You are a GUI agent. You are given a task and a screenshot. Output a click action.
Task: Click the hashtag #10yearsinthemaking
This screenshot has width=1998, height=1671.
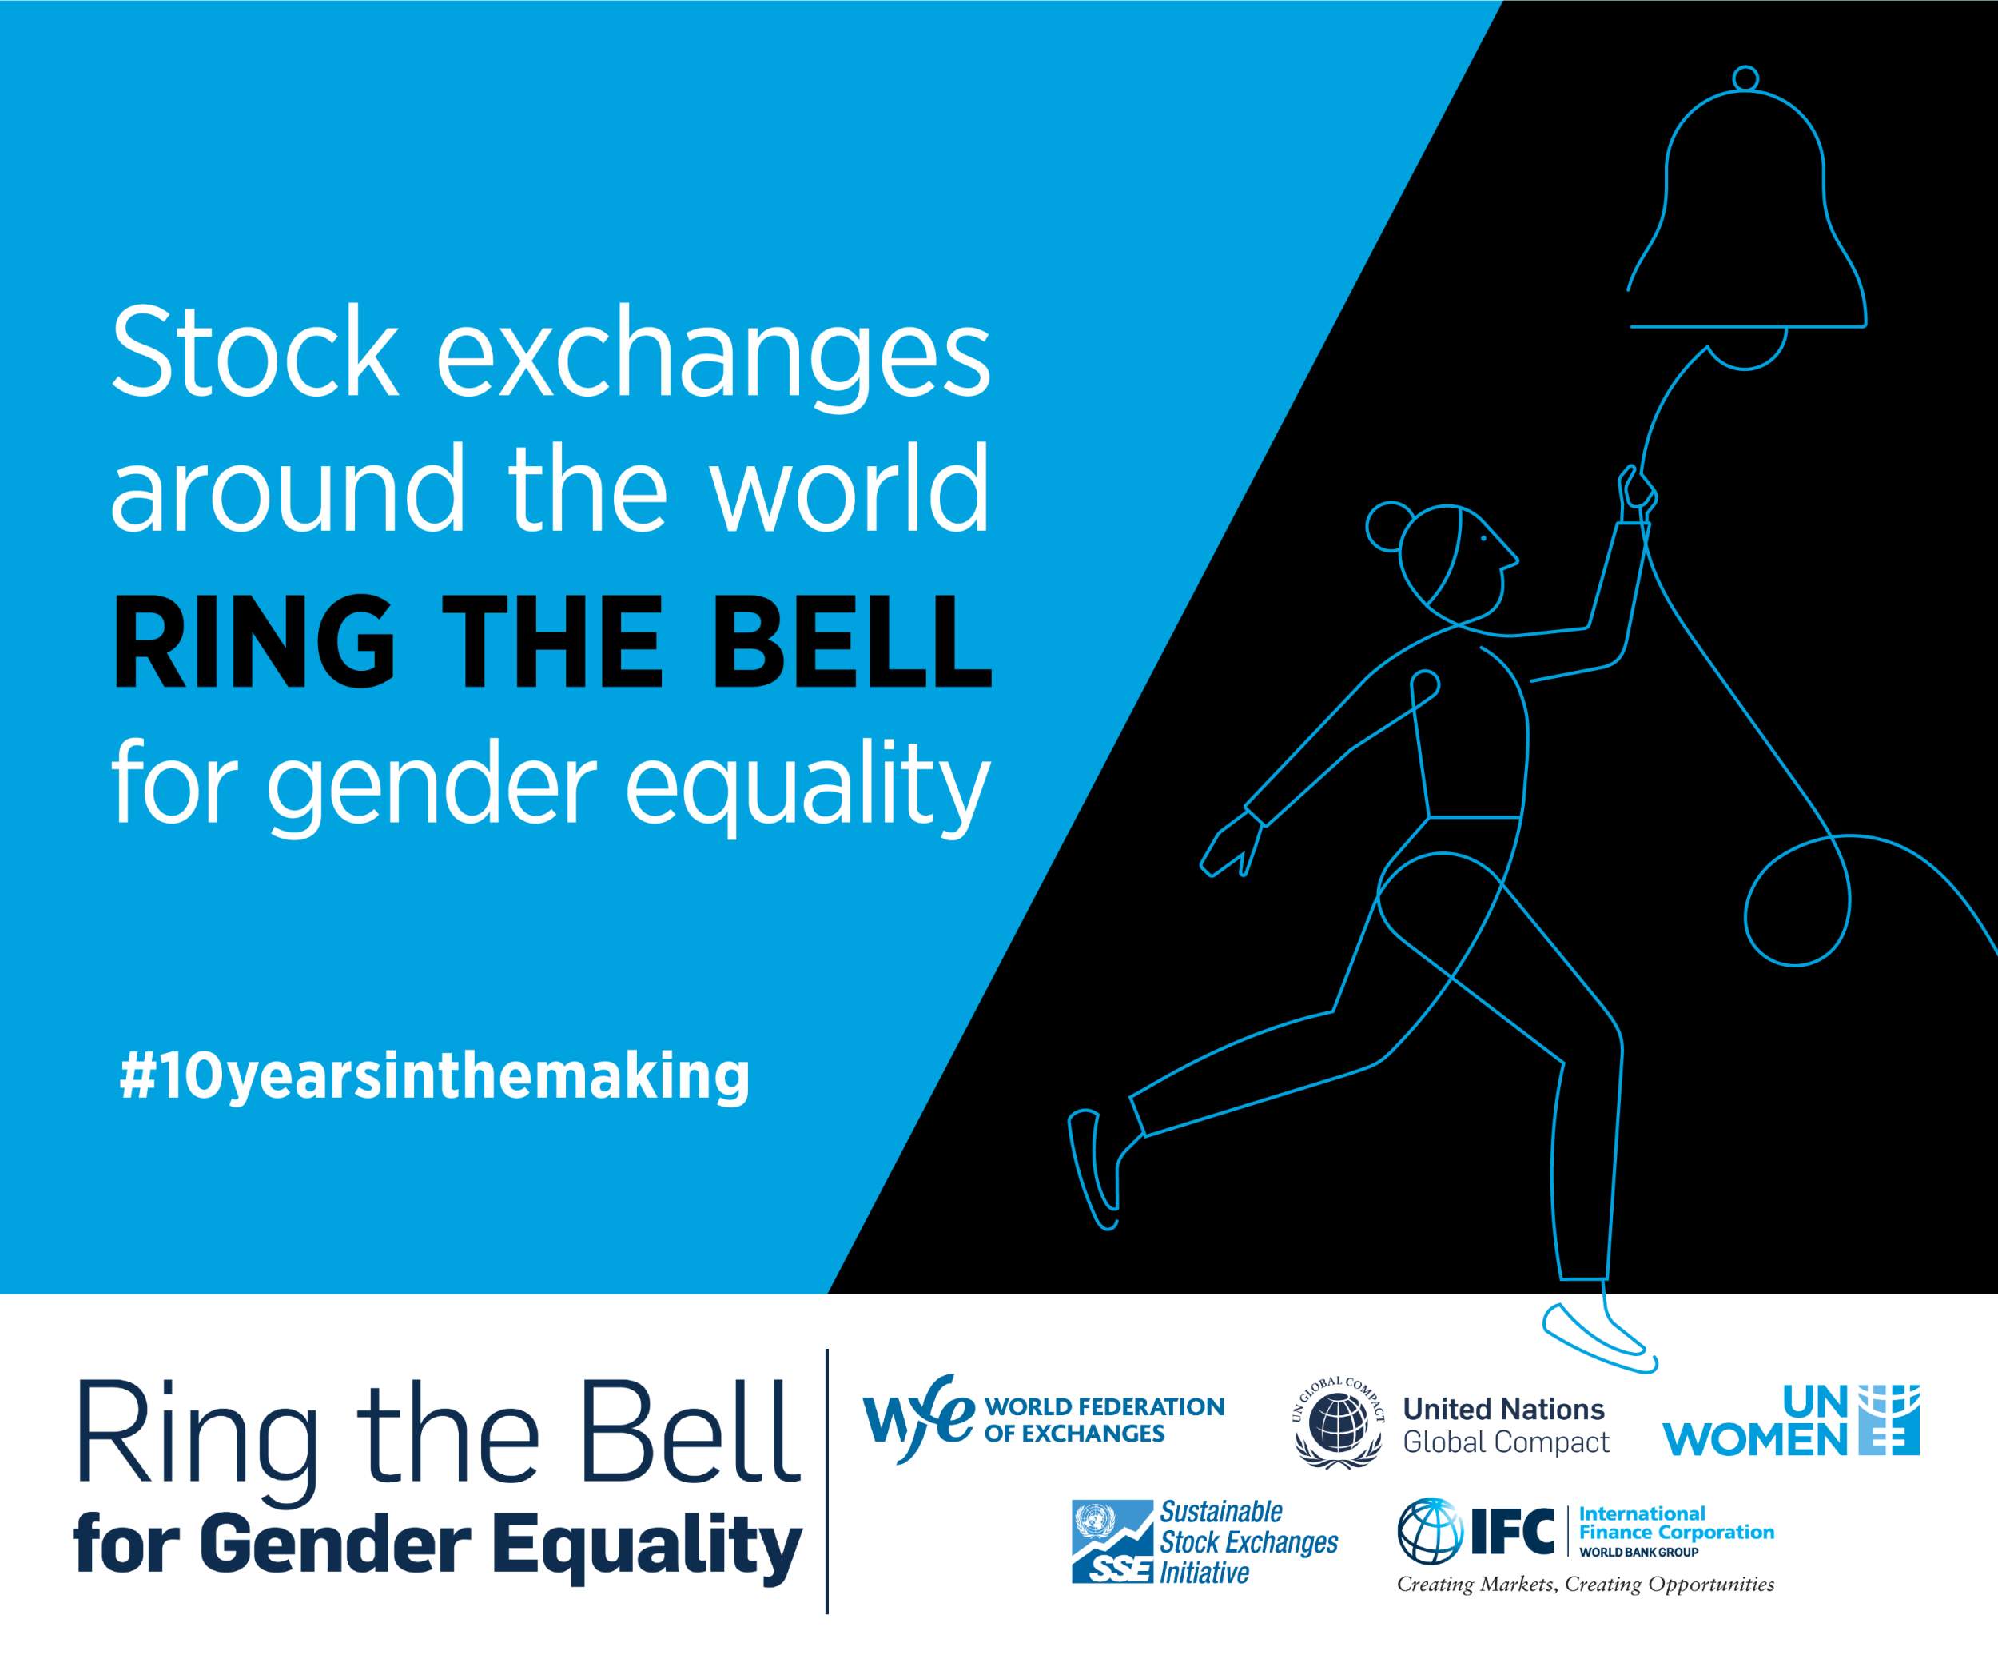click(435, 1076)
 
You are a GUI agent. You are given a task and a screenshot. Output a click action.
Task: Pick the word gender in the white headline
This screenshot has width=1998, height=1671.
click(433, 787)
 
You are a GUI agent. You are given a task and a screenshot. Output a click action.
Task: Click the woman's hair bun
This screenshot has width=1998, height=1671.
click(1389, 526)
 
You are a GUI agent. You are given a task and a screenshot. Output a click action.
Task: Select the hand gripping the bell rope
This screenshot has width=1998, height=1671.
click(1638, 494)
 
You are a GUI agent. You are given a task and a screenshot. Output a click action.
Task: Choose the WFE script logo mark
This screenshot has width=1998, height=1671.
click(918, 1417)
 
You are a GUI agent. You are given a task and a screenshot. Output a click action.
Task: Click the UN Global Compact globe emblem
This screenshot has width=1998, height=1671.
click(1338, 1422)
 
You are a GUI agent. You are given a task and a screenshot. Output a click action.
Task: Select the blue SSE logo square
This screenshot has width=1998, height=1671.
click(1112, 1541)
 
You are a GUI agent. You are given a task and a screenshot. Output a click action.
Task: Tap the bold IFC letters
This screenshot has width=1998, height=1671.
click(1513, 1531)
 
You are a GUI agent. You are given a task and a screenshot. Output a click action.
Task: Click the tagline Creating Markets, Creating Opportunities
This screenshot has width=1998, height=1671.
click(1585, 1585)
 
